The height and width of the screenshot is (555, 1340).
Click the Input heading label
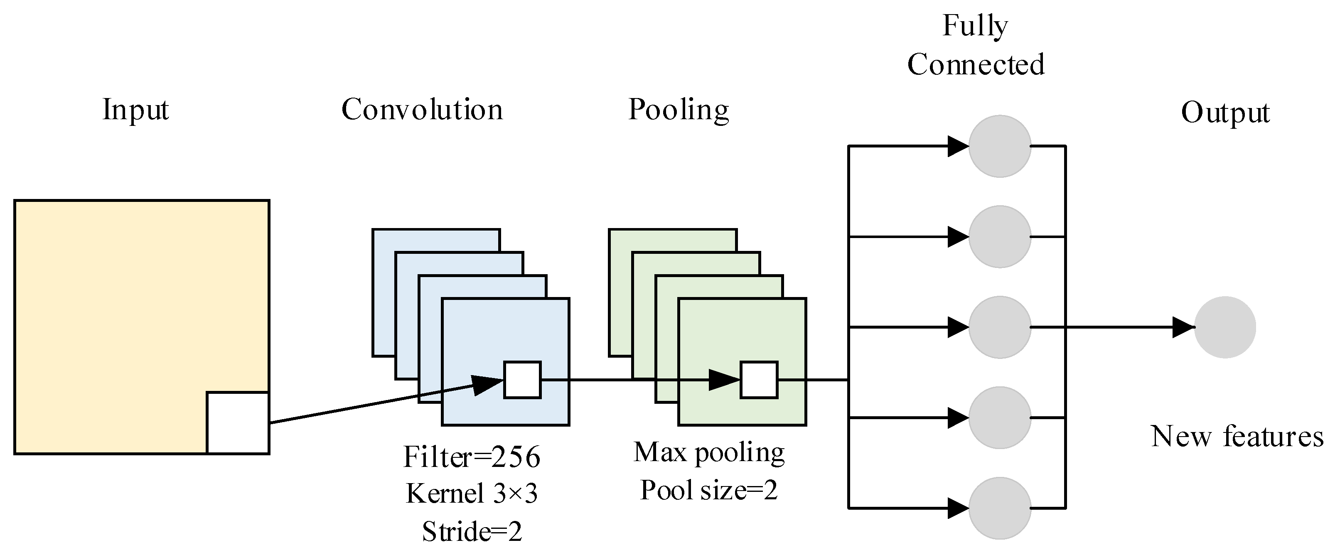(x=135, y=110)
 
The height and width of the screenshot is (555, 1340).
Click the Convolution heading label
(x=422, y=110)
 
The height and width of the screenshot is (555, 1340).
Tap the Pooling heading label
(x=679, y=110)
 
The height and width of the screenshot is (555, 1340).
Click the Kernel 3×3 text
(x=471, y=494)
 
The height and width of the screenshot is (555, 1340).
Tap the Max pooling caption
(x=708, y=452)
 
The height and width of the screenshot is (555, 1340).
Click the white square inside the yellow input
(x=238, y=423)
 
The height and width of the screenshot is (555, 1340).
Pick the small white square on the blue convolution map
(x=522, y=380)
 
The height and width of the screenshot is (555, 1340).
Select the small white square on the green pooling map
(x=759, y=380)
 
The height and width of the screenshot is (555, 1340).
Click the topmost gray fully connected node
(x=999, y=146)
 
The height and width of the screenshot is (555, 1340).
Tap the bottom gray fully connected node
(x=999, y=508)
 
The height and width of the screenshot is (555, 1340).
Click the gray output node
(x=1224, y=327)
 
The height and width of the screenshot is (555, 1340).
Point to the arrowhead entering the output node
(x=1183, y=327)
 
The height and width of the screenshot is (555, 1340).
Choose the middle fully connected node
(x=999, y=327)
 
